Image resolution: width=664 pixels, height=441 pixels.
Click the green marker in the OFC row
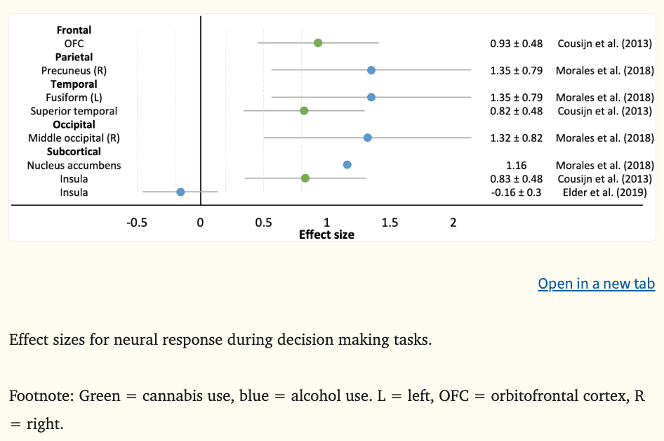pyautogui.click(x=318, y=43)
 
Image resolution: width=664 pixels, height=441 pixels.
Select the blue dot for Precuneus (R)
pyautogui.click(x=371, y=70)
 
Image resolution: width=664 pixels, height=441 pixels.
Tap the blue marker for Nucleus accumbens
pyautogui.click(x=347, y=165)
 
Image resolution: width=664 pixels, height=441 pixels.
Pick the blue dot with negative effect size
pyautogui.click(x=180, y=192)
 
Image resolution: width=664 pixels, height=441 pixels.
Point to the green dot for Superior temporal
pyautogui.click(x=304, y=111)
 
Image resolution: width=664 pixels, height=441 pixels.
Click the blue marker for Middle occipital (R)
pyautogui.click(x=368, y=138)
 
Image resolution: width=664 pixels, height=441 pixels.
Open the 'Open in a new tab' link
pyautogui.click(x=596, y=284)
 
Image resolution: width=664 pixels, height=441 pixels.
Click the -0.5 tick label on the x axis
pyautogui.click(x=136, y=223)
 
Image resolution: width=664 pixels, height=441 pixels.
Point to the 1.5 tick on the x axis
pyautogui.click(x=390, y=223)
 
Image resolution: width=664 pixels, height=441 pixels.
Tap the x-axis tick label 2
pyautogui.click(x=453, y=223)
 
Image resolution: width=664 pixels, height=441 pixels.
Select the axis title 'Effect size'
pyautogui.click(x=326, y=235)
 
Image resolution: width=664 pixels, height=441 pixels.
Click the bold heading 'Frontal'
pyautogui.click(x=74, y=30)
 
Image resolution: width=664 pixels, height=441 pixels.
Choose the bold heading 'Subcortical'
pyautogui.click(x=74, y=152)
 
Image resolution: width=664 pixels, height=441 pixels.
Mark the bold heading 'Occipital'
pyautogui.click(x=74, y=125)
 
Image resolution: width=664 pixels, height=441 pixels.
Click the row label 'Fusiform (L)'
pyautogui.click(x=74, y=98)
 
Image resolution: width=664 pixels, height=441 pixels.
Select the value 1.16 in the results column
pyautogui.click(x=516, y=166)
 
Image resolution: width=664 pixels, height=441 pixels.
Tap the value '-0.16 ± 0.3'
pyautogui.click(x=516, y=192)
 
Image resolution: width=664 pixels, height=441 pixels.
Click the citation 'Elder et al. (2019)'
pyautogui.click(x=604, y=192)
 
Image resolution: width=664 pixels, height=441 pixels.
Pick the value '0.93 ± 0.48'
pyautogui.click(x=516, y=44)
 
